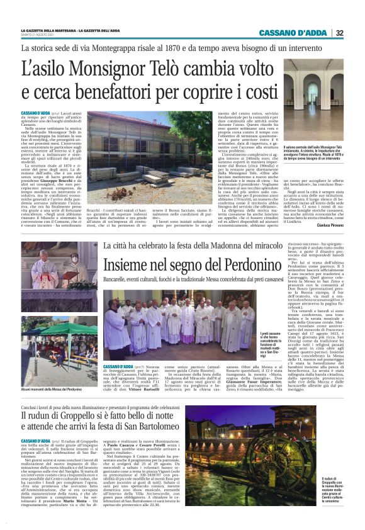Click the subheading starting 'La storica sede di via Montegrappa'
pos(150,48)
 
